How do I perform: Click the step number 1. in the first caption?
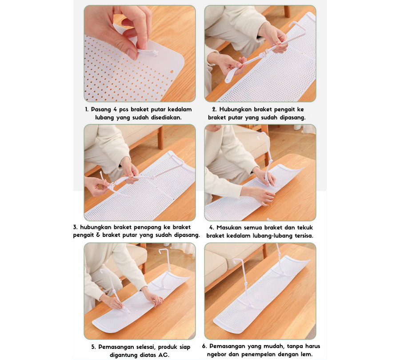point(87,109)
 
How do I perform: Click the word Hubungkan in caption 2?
point(235,110)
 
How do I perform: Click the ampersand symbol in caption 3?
point(98,235)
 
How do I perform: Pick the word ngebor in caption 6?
point(216,355)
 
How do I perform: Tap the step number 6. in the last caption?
point(204,346)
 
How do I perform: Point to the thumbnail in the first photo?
point(132,54)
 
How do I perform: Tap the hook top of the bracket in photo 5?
point(164,251)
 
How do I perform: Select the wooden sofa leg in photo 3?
point(160,138)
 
